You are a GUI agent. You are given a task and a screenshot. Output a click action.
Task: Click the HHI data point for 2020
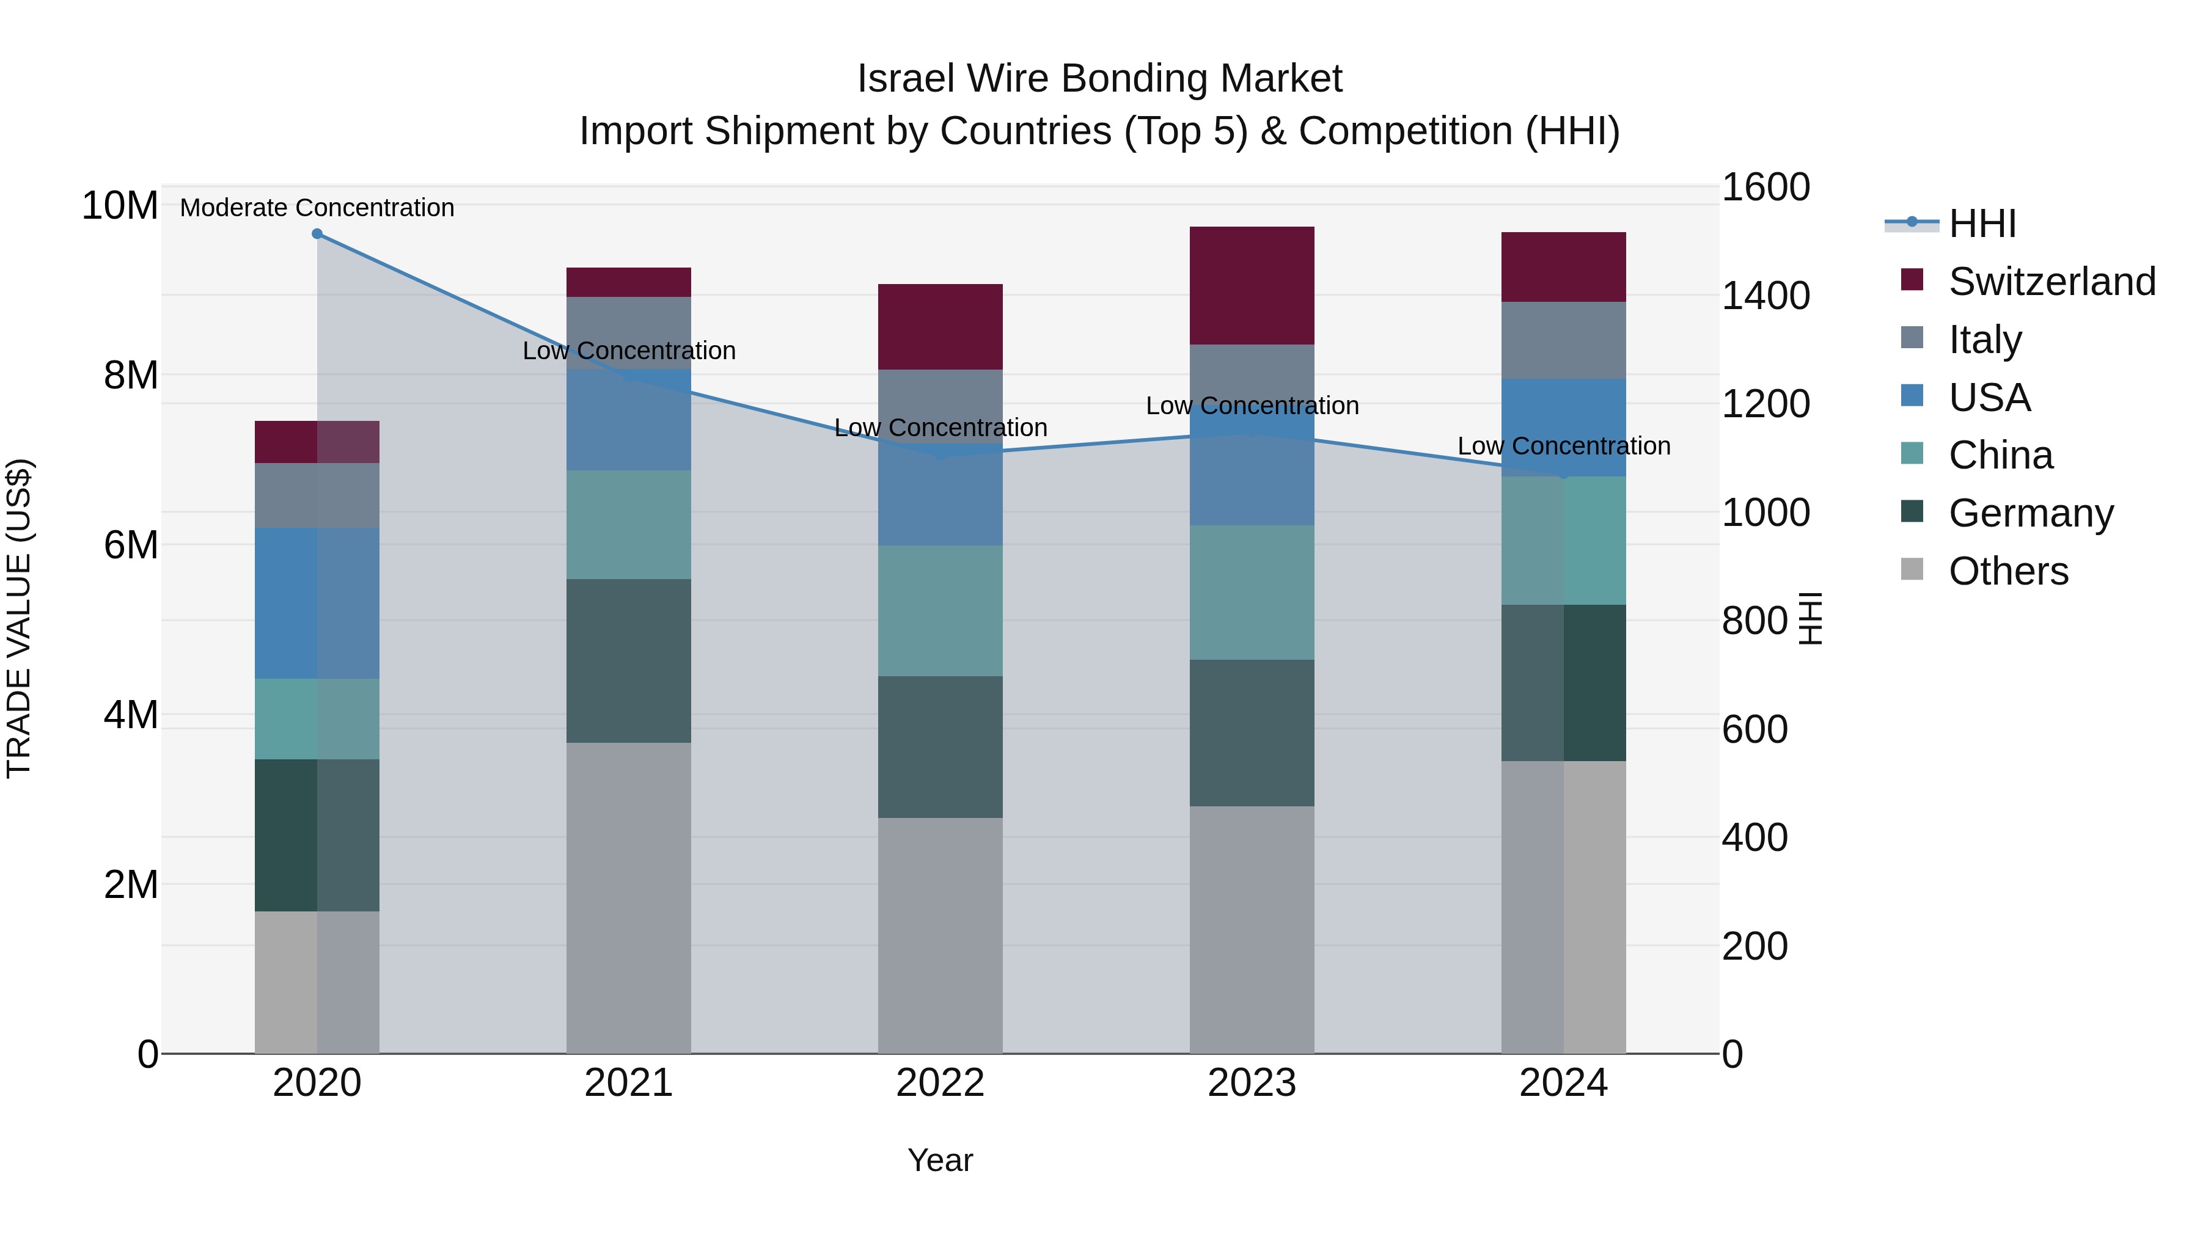point(317,234)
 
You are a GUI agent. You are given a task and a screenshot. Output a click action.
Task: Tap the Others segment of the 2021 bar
point(629,897)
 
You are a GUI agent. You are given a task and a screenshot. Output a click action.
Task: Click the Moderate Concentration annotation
point(317,208)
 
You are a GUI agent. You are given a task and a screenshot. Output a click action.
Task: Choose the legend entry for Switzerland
point(2051,282)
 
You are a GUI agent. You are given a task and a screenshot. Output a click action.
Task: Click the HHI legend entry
point(1981,224)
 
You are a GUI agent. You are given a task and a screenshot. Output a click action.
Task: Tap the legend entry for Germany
point(2030,513)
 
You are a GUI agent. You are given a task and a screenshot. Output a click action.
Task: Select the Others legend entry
point(2008,571)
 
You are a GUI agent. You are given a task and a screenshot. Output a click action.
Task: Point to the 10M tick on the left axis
point(120,206)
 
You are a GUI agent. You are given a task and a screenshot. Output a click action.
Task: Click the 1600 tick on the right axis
point(1766,187)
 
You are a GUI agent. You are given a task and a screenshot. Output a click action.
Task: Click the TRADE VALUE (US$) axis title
point(20,619)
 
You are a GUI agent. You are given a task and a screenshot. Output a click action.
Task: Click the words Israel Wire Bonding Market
point(1099,79)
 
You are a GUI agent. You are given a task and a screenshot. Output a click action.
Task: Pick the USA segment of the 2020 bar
point(317,604)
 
